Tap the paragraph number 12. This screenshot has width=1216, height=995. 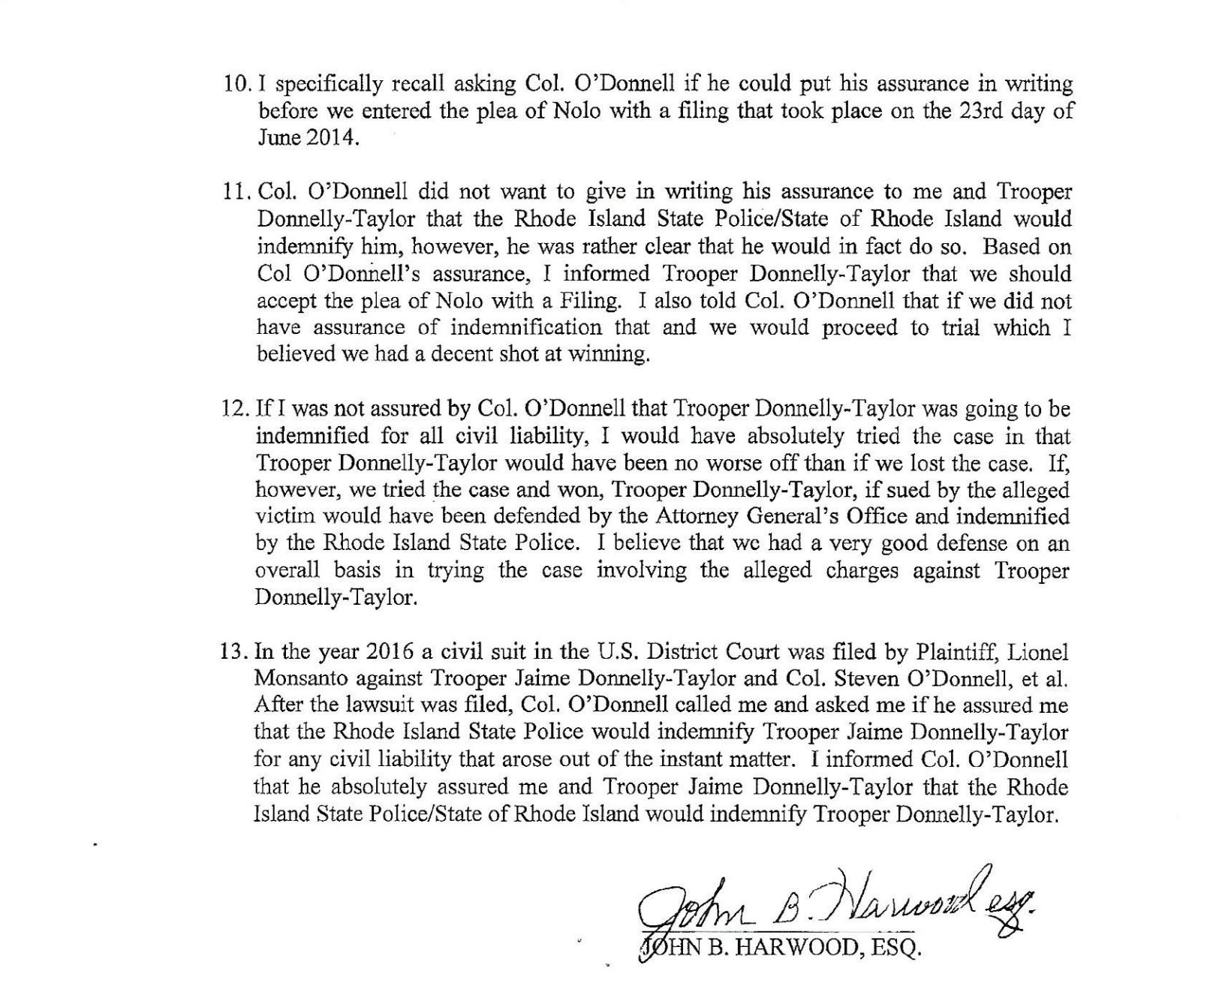(236, 409)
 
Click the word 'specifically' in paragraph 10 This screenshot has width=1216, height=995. (325, 84)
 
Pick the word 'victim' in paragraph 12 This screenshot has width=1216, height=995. (282, 517)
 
